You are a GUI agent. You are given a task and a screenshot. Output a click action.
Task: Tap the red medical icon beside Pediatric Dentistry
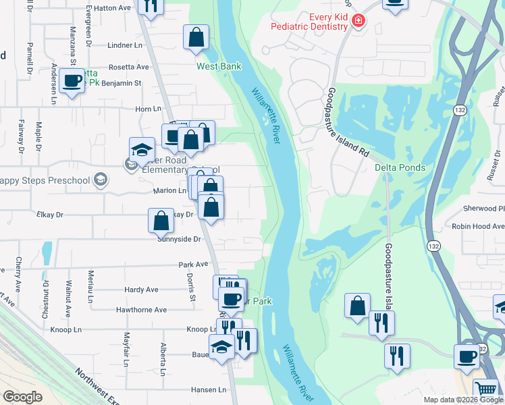coord(357,22)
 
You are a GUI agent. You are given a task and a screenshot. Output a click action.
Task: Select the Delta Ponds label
coord(400,167)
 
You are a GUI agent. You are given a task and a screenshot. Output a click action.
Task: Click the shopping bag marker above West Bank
coord(196,38)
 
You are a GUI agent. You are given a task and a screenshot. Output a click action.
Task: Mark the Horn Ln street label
coord(149,109)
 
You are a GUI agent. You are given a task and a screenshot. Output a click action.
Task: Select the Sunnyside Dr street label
coord(179,239)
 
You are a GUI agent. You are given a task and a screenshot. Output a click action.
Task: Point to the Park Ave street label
coord(193,265)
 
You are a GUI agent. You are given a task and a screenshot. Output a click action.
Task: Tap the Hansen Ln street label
coord(208,389)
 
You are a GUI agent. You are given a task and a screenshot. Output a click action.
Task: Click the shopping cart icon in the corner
coord(486,389)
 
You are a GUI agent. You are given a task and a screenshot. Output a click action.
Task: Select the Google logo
coord(22,397)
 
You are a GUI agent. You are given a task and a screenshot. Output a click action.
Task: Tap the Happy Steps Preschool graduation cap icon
coord(101,179)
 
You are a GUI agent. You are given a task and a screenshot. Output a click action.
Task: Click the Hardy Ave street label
coord(141,290)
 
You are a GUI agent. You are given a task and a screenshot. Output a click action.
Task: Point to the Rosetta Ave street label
coord(128,67)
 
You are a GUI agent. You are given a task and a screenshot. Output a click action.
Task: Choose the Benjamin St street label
coord(122,83)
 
